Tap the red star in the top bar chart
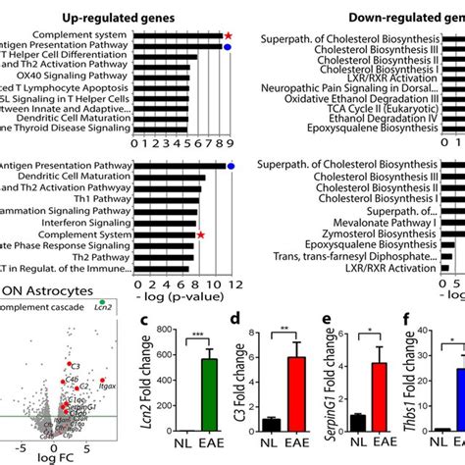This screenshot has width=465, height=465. click(x=229, y=35)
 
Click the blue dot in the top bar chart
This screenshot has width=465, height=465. click(x=229, y=47)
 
